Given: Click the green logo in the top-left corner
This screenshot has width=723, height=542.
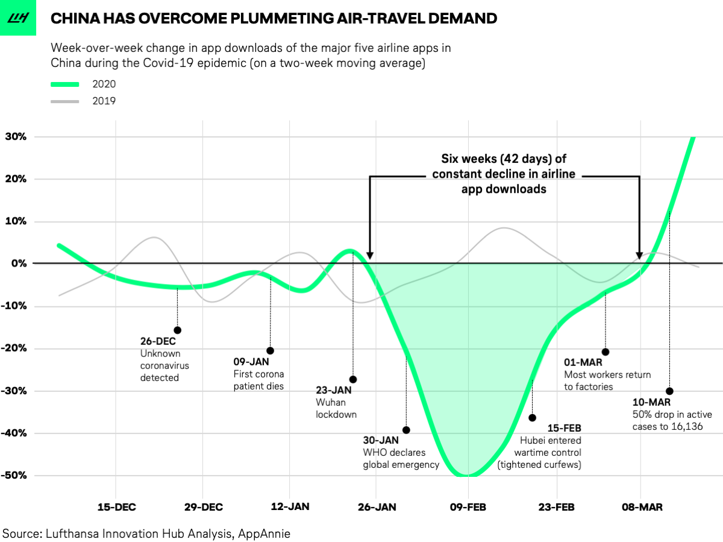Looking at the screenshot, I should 17,17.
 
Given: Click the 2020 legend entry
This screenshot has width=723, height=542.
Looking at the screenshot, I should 104,84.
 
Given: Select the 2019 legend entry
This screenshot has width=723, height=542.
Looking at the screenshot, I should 104,101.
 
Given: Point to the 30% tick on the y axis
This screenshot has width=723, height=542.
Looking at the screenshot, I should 17,136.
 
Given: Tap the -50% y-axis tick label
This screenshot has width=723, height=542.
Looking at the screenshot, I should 14,475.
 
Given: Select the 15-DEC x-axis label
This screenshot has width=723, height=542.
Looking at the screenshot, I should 116,507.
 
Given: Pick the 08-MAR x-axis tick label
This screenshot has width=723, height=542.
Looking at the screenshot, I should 642,507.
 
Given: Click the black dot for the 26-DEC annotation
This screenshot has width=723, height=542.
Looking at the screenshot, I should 177,330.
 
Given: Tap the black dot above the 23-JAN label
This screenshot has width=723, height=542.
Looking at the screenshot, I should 353,379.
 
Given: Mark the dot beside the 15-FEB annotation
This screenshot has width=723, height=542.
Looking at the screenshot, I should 532,418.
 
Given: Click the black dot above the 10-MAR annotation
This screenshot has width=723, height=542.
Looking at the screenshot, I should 669,391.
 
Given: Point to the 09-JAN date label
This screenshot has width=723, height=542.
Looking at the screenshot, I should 250,362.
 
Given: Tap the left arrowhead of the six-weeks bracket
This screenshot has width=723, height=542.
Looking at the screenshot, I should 370,255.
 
